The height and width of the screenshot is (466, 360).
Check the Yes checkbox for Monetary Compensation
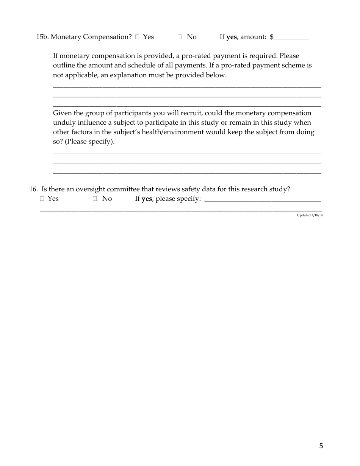(137, 37)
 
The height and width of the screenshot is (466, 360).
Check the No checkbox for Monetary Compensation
(180, 37)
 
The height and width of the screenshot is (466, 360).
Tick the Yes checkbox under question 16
(42, 199)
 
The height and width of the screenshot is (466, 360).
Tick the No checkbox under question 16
(95, 199)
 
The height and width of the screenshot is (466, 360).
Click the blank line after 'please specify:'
(262, 199)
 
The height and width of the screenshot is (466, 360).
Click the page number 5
(321, 446)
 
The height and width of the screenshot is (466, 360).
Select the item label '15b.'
(42, 37)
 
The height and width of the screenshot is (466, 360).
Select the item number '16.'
(33, 189)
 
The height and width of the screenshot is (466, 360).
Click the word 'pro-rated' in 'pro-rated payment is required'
(196, 56)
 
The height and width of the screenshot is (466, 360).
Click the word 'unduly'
(63, 123)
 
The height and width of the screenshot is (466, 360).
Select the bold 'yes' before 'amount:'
(231, 37)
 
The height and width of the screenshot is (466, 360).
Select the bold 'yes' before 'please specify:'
(147, 199)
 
